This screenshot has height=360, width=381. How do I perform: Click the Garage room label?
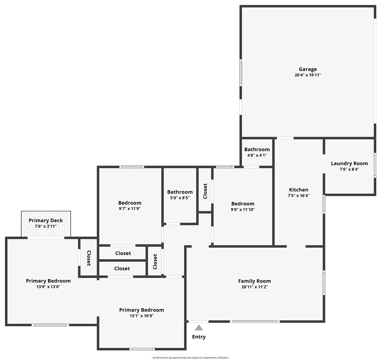[x=307, y=69]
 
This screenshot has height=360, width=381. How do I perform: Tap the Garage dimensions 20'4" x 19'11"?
[x=307, y=76]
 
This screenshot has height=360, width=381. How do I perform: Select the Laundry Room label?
[x=349, y=163]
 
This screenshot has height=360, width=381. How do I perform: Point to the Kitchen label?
[x=298, y=190]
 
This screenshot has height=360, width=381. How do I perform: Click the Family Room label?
[x=254, y=281]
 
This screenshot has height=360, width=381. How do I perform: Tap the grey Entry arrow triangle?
[x=199, y=328]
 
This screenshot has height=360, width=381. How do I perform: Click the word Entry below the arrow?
[x=199, y=337]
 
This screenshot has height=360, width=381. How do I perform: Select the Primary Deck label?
[x=46, y=221]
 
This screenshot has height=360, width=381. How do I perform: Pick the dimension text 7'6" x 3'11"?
[x=46, y=226]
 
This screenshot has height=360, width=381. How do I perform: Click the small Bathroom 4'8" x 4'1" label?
[x=257, y=150]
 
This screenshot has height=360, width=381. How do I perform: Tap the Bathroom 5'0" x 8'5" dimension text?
[x=180, y=198]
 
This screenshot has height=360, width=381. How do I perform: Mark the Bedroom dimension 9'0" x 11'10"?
[x=243, y=210]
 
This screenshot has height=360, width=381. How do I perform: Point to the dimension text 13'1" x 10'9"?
[x=142, y=316]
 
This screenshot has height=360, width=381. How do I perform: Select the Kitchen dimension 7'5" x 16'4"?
[x=298, y=195]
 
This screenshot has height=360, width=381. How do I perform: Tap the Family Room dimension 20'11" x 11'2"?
[x=254, y=287]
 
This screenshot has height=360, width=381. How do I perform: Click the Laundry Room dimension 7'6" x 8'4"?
[x=349, y=169]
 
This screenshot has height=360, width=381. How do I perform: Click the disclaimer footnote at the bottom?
[x=190, y=357]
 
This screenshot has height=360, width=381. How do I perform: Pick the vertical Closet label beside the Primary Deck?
[x=89, y=258]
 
